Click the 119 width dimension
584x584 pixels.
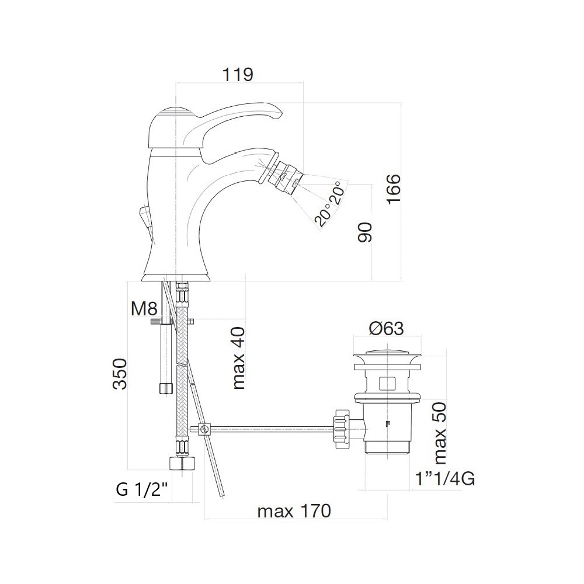pyautogui.click(x=238, y=75)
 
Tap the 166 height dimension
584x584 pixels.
pyautogui.click(x=393, y=188)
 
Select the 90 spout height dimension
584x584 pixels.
pyautogui.click(x=365, y=232)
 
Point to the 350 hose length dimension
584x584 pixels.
pyautogui.click(x=120, y=374)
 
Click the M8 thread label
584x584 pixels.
pyautogui.click(x=144, y=308)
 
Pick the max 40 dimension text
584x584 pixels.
pyautogui.click(x=239, y=359)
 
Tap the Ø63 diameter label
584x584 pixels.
pyautogui.click(x=387, y=328)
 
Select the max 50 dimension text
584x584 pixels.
pyautogui.click(x=440, y=433)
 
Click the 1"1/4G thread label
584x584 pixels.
pyautogui.click(x=445, y=479)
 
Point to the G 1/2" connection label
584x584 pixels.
pyautogui.click(x=144, y=489)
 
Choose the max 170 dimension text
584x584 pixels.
pyautogui.click(x=294, y=511)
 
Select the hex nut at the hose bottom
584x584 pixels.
pyautogui.click(x=182, y=464)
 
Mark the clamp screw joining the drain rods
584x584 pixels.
pyautogui.click(x=204, y=429)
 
